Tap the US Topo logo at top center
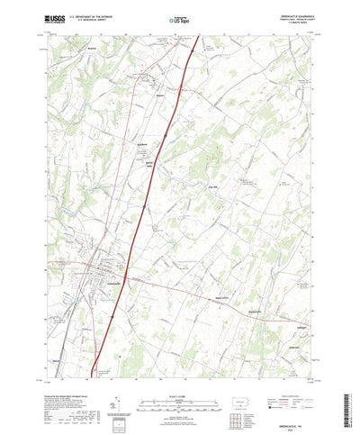click(x=180, y=17)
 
